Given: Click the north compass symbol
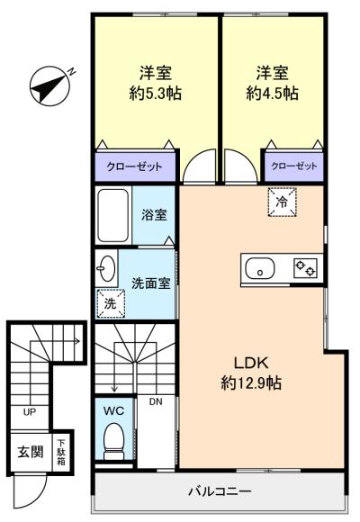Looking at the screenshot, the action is pos(50,85).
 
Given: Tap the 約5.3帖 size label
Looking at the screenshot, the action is pos(155,94).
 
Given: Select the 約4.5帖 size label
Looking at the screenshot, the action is pos(272,94).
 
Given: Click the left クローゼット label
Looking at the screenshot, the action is pos(134,166).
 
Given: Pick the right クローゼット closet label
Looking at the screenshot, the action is pos(293,166).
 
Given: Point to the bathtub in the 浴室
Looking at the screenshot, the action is pos(113,215).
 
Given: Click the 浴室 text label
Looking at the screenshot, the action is pos(154,215).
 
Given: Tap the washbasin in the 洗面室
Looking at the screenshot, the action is pos(106,268).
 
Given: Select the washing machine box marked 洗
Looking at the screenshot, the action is pos(111,303).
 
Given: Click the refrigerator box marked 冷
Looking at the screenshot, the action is pos(282,202).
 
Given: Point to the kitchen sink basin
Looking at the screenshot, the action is pos(260,269).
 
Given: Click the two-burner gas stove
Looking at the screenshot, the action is pos(305,268).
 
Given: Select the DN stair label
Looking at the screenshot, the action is pos(156,401).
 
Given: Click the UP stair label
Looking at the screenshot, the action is pos(30,412).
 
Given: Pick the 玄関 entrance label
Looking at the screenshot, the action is pos(31,452).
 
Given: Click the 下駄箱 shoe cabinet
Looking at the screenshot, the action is pos(61,452).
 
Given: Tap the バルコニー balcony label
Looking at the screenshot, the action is pos(220,491).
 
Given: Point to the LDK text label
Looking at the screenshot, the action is pos(251,363).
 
